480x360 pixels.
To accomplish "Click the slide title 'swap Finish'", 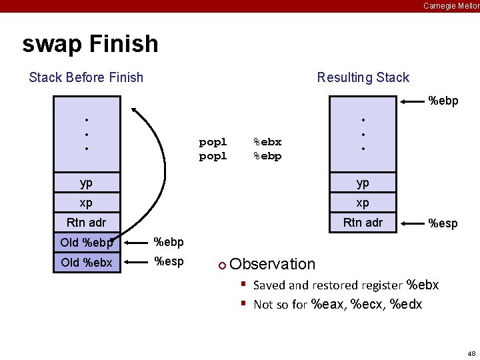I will pos(90,44).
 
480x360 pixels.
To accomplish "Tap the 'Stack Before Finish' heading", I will pos(86,77).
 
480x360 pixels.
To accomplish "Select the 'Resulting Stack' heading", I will pos(363,77).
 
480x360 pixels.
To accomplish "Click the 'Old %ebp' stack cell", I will pos(87,243).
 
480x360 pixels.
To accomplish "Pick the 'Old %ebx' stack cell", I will pos(87,263).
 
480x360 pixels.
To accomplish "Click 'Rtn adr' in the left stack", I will pos(87,223).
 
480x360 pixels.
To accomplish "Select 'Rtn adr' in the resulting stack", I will pos(363,223).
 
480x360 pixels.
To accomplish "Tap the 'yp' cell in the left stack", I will pos(87,183).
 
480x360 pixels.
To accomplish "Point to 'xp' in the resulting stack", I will pos(363,203).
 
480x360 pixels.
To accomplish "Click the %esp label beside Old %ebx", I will pos(169,262).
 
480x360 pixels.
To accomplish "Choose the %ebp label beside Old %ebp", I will pos(169,241).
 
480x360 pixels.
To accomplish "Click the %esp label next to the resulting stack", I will pos(443,223).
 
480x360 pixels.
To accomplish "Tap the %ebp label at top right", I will pos(443,101).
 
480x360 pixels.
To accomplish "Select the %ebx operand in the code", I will pos(267,142).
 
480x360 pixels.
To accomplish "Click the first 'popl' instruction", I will pos(213,142).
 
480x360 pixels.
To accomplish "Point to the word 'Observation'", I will pos(272,265).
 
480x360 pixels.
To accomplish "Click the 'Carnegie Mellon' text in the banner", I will pos(451,5).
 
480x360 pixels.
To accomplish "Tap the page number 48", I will pos(471,353).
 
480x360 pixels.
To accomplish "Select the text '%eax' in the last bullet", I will pos(325,305).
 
